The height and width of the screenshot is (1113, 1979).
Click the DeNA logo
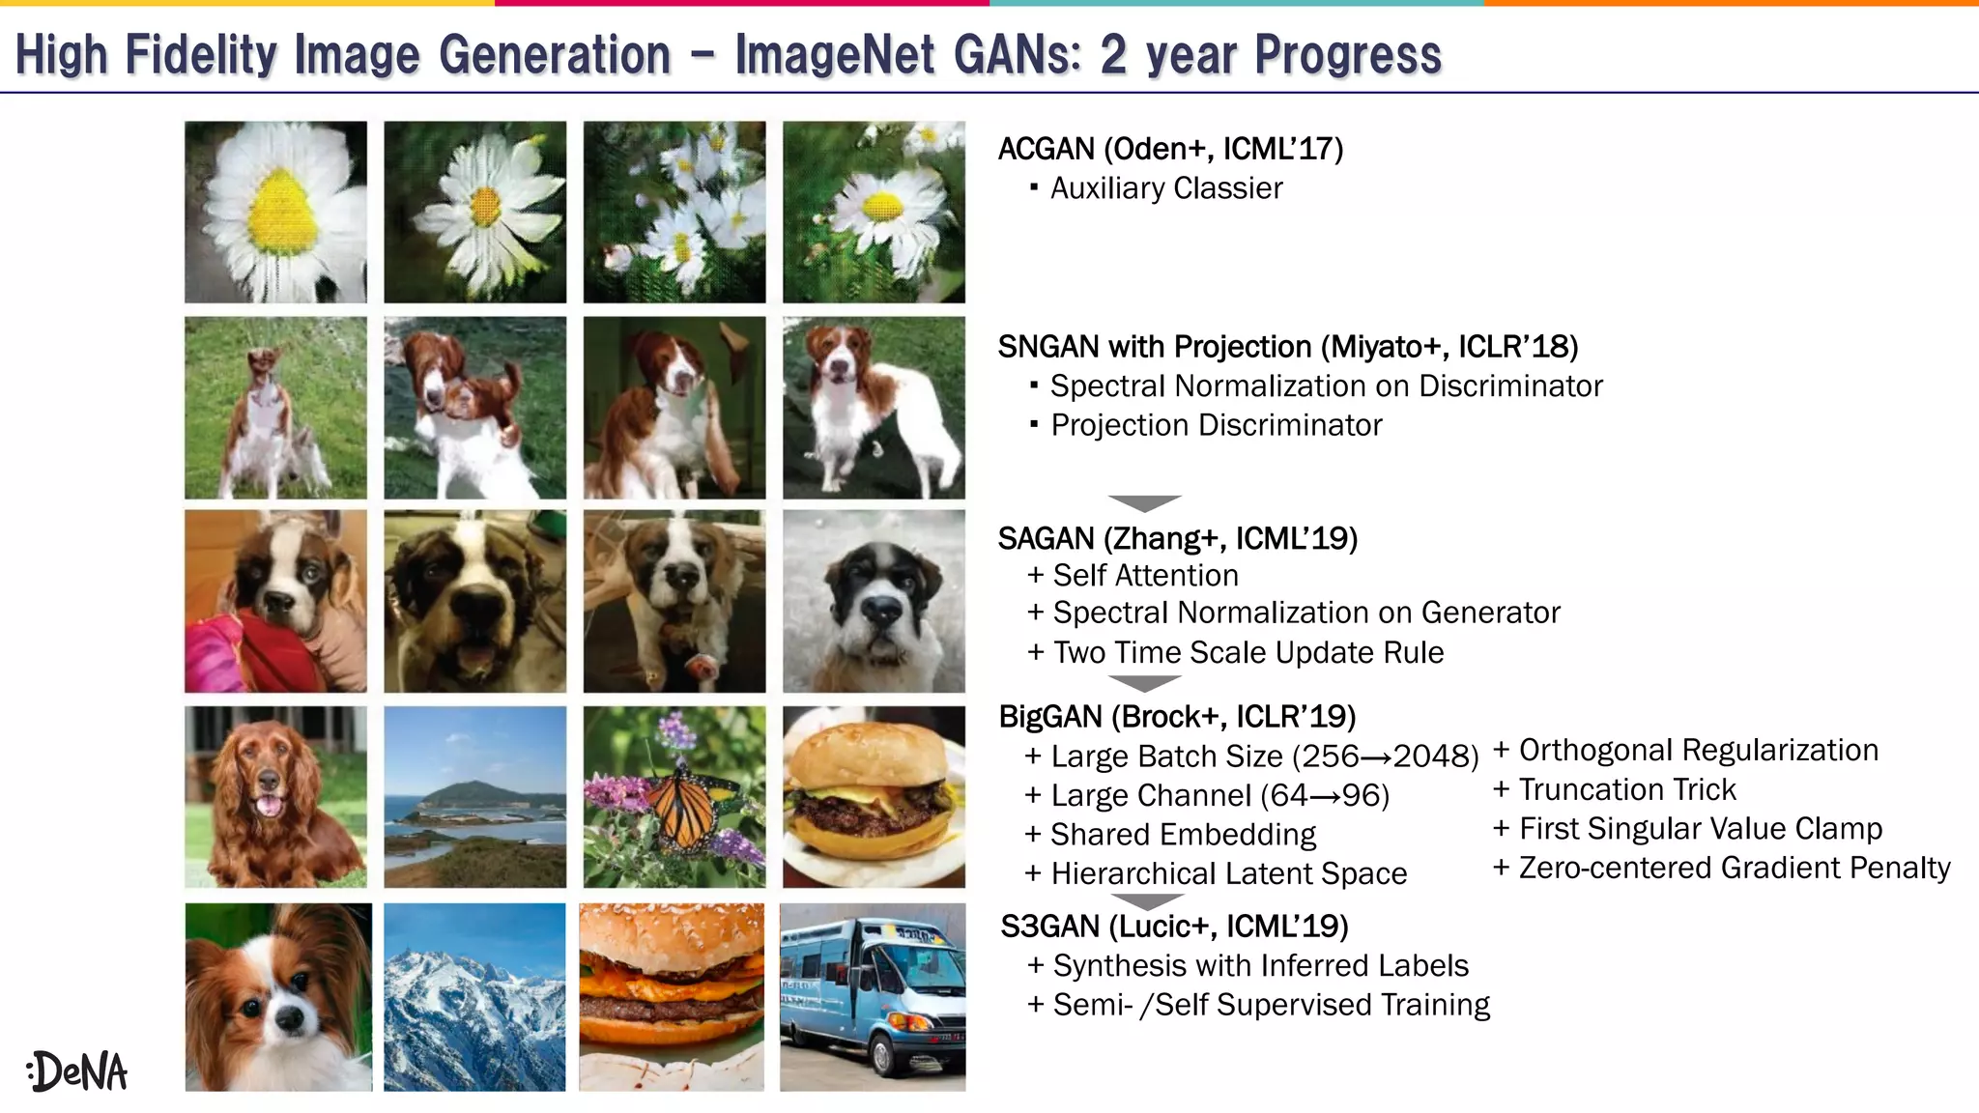77,1070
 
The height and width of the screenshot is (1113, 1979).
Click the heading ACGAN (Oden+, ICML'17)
1170,149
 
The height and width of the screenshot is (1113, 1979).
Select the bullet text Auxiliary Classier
1165,188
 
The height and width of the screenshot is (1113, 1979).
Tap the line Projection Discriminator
1216,425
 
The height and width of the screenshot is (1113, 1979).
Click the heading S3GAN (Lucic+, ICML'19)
1174,926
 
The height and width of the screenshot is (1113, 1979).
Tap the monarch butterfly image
674,797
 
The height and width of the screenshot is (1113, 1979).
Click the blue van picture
873,997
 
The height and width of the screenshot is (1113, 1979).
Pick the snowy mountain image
474,997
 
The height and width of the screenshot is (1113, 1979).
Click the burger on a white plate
874,797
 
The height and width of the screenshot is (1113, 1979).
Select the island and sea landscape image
474,797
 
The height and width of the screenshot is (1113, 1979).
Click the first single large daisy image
276,212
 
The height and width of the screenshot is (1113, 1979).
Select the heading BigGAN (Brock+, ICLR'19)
1177,717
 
